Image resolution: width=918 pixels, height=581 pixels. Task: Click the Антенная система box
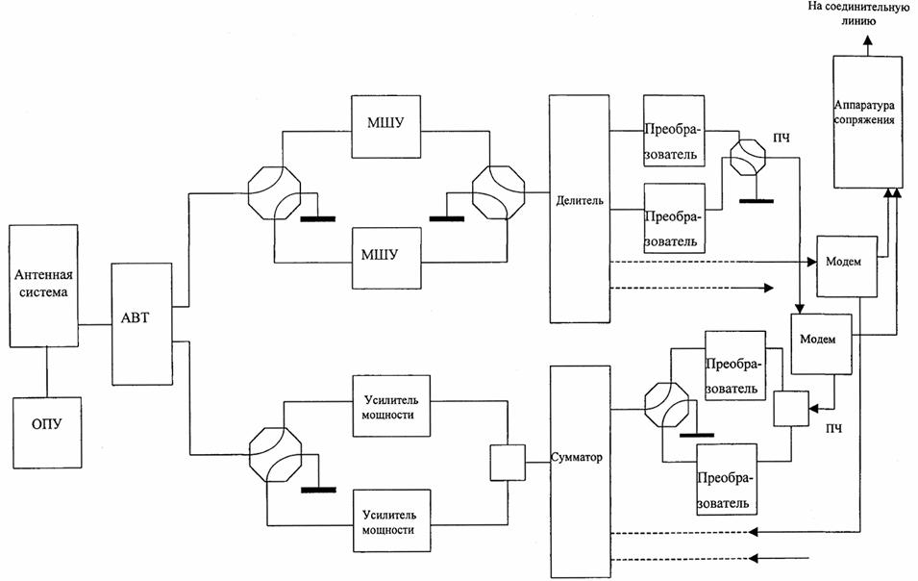pos(44,286)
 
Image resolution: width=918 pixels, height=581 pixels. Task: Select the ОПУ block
pos(47,432)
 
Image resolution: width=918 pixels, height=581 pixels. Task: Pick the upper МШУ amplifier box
pos(385,127)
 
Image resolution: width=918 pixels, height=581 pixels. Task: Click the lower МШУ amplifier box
pos(386,258)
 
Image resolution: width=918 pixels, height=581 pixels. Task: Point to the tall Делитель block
pos(579,209)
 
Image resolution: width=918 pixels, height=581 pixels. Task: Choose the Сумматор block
pos(581,471)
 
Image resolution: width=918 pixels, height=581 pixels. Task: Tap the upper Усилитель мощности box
pos(391,406)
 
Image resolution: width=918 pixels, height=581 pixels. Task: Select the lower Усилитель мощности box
pos(391,520)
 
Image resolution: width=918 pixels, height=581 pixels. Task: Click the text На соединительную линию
pos(858,13)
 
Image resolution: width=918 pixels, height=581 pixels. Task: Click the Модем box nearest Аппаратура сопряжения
pos(847,265)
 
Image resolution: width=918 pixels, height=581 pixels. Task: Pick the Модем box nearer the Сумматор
pos(822,343)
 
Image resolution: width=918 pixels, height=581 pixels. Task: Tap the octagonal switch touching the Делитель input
pos(498,192)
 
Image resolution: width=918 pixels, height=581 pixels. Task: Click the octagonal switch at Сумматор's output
pos(667,409)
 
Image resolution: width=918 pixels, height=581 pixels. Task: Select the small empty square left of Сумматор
pos(508,463)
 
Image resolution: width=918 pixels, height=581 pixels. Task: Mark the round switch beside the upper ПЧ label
pos(748,156)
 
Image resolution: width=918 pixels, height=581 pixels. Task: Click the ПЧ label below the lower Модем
pos(833,429)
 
